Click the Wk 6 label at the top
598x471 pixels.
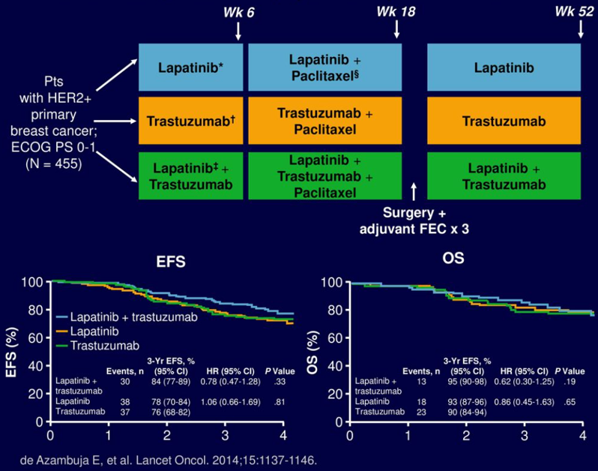coord(239,13)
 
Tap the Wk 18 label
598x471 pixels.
coord(396,13)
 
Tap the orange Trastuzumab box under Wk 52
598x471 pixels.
coord(504,121)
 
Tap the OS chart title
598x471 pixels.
coord(453,259)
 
